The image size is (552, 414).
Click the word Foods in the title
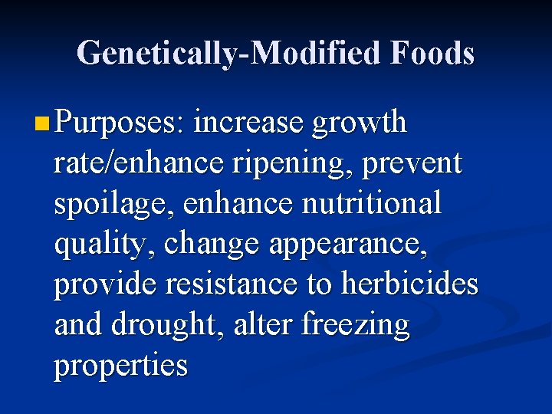(x=432, y=54)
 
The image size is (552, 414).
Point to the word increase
(x=250, y=123)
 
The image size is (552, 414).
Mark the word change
(x=203, y=245)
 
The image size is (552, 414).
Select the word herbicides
(x=409, y=284)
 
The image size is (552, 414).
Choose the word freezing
(x=356, y=326)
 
